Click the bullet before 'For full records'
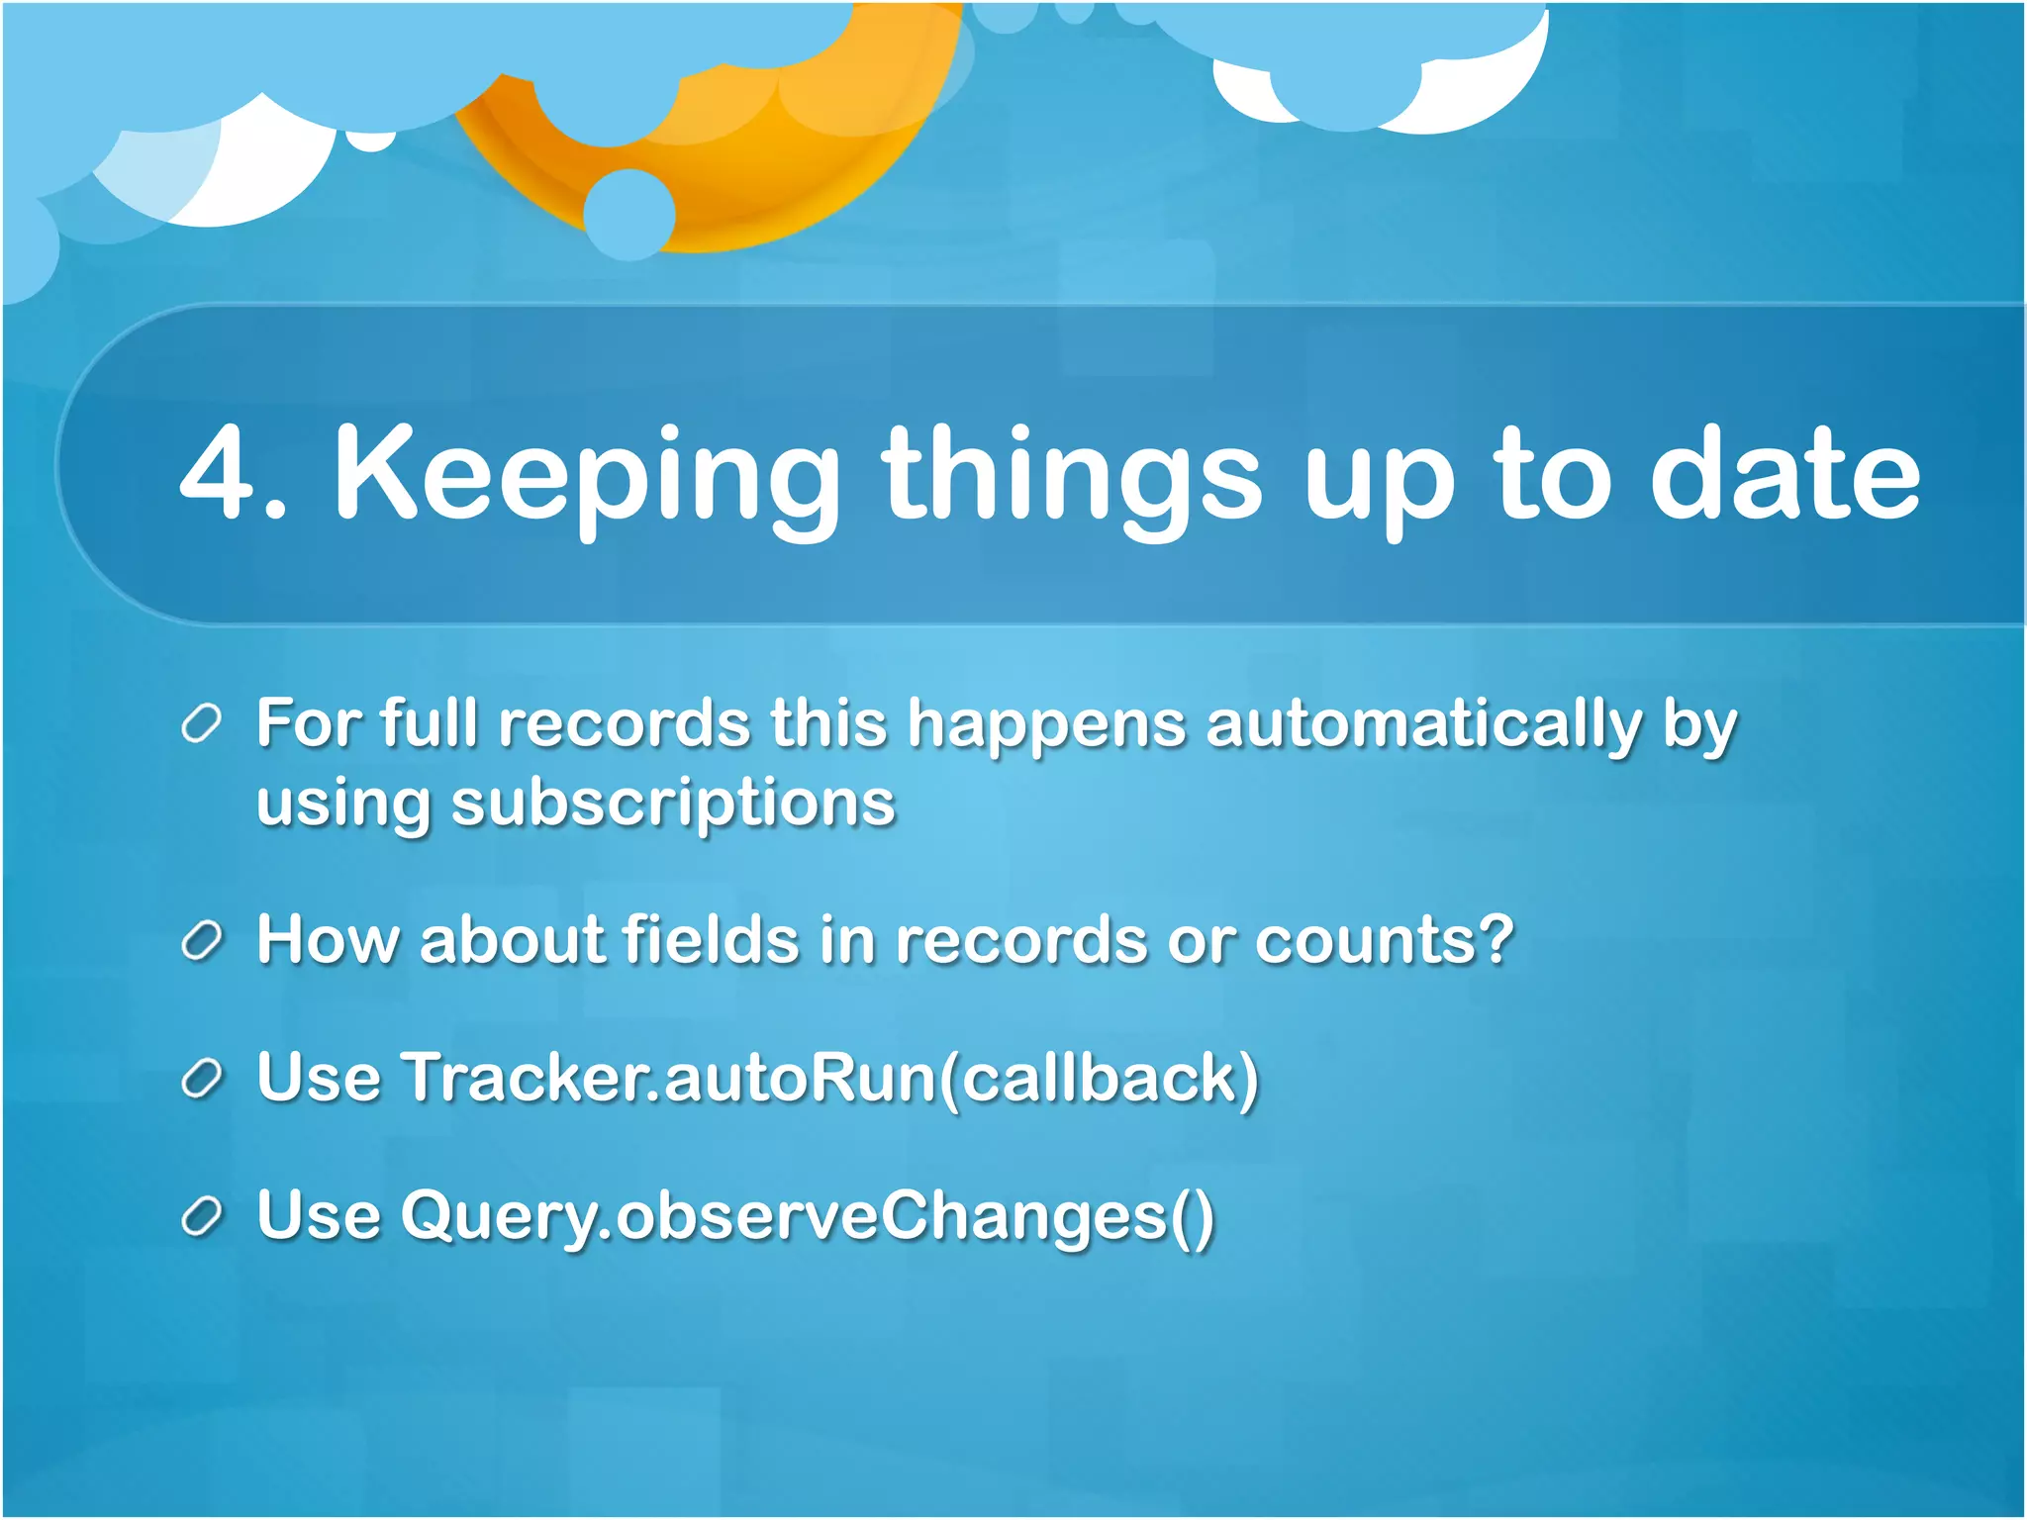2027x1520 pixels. pos(202,724)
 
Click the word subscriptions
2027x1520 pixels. pos(673,803)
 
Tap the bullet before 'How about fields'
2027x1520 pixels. pos(202,940)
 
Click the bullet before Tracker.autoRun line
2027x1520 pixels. pos(202,1078)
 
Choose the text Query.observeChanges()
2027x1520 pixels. pos(807,1216)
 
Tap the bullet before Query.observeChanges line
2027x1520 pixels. pos(202,1216)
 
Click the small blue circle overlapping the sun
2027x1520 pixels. pos(629,214)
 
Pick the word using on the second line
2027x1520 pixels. pos(342,803)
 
